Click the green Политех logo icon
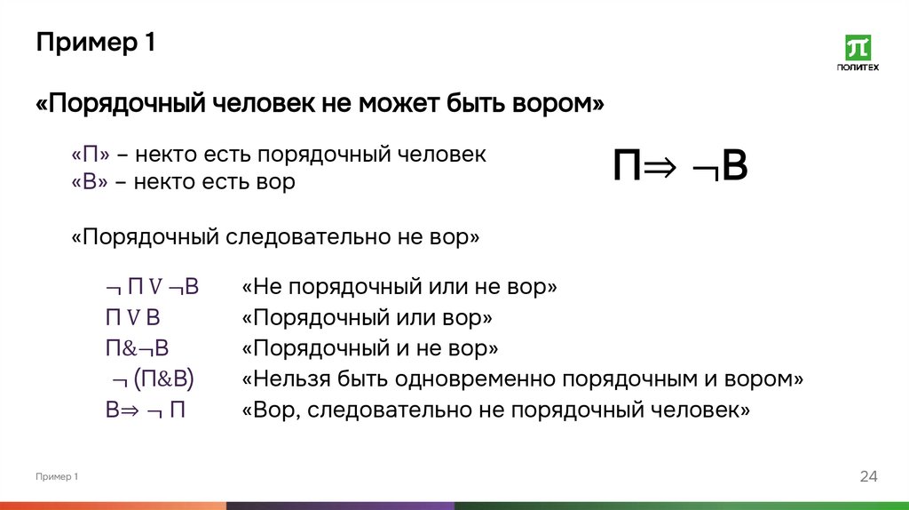858,49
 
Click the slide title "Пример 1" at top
96,43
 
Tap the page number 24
868,477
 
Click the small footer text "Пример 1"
58,477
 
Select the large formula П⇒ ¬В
680,166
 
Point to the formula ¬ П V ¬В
151,288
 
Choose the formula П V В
132,317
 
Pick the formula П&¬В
137,347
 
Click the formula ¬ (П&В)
154,379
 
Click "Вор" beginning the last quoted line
272,410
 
